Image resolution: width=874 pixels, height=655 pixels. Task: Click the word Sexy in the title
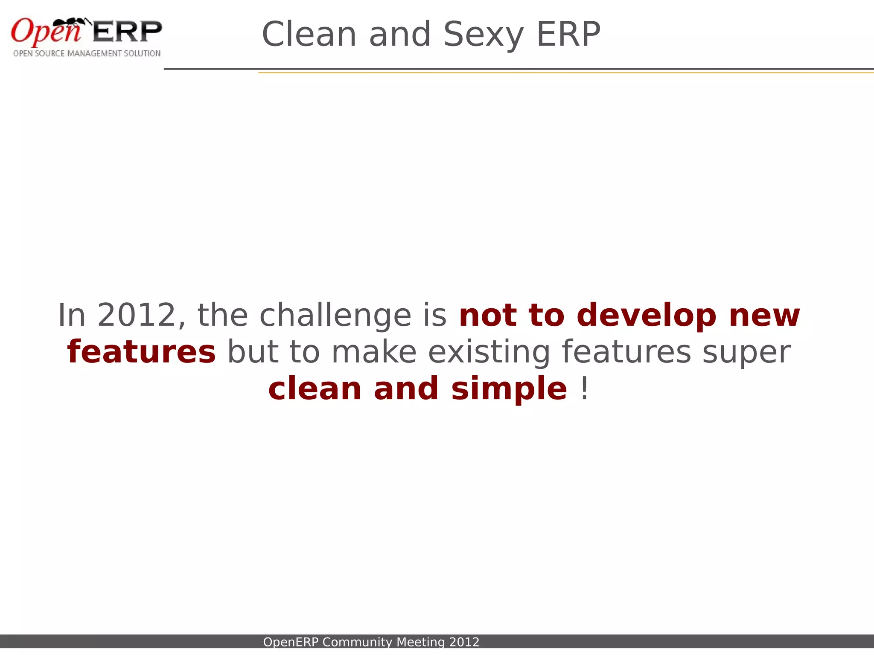[x=483, y=35]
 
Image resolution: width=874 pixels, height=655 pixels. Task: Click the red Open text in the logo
[x=45, y=32]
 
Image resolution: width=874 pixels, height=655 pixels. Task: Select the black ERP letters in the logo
[x=127, y=32]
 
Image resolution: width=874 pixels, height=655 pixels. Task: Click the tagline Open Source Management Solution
[x=87, y=54]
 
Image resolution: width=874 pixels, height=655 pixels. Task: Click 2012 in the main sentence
[x=137, y=316]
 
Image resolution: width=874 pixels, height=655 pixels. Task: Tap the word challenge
[x=335, y=316]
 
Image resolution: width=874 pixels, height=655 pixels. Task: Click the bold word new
[x=764, y=316]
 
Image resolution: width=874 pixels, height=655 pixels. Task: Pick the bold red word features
[x=141, y=352]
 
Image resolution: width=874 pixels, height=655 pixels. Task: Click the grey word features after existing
[x=626, y=352]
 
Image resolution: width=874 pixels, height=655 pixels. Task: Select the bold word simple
[x=509, y=389]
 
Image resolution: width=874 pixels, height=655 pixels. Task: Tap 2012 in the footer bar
[x=464, y=642]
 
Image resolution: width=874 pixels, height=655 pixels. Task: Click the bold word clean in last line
[x=315, y=389]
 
